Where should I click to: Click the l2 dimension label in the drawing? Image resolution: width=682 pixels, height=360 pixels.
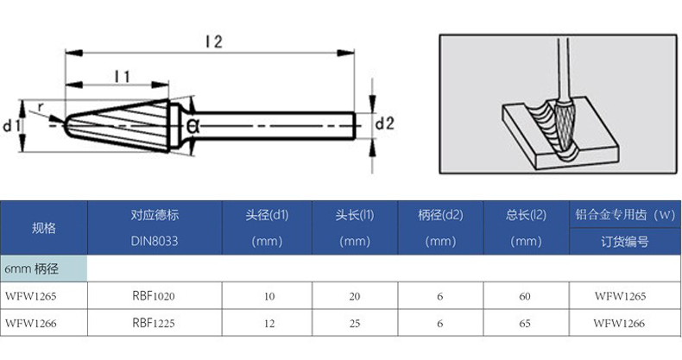(214, 41)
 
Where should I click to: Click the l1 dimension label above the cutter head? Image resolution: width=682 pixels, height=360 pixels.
(122, 77)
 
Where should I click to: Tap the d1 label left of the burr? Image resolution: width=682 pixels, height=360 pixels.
(11, 127)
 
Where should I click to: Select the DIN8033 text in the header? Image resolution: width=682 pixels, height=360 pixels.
(155, 242)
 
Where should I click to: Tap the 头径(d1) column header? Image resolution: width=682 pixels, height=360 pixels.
(267, 214)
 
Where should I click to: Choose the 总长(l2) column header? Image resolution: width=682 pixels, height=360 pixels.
(526, 214)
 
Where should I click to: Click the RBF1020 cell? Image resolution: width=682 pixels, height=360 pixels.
(155, 296)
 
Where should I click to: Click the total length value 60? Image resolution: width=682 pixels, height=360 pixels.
(526, 296)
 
